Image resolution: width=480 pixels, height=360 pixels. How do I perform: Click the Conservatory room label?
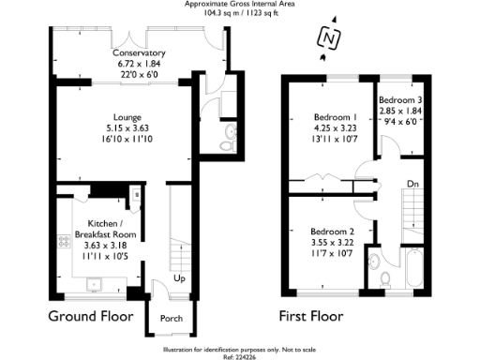coord(139,53)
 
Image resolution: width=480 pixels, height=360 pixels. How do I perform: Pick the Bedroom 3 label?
coord(400,99)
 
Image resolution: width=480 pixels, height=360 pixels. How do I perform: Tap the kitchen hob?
coord(65,241)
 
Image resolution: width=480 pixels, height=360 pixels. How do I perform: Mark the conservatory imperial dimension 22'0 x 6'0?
coord(139,74)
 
